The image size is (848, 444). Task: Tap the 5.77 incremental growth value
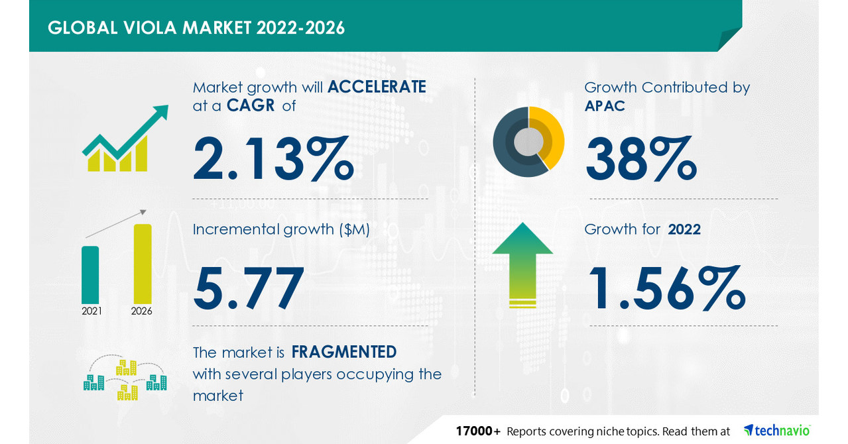tap(249, 288)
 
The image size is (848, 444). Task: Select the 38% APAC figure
tap(640, 158)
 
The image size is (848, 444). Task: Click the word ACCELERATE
tap(376, 87)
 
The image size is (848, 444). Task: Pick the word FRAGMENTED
tap(343, 351)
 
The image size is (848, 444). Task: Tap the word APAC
tap(605, 105)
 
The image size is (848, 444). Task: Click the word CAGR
tap(251, 105)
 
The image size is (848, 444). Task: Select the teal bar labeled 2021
tap(90, 274)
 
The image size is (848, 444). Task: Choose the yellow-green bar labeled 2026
tap(143, 264)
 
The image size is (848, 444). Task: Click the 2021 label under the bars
tap(91, 311)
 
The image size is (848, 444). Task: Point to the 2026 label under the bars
tap(142, 311)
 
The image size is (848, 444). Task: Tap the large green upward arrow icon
tap(522, 265)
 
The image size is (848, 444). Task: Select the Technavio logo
tap(776, 431)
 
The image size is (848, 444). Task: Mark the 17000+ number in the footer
tap(478, 431)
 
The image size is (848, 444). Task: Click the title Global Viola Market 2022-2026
tap(196, 28)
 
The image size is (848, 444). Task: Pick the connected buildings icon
tap(125, 380)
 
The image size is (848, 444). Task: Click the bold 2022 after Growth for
tap(684, 229)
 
